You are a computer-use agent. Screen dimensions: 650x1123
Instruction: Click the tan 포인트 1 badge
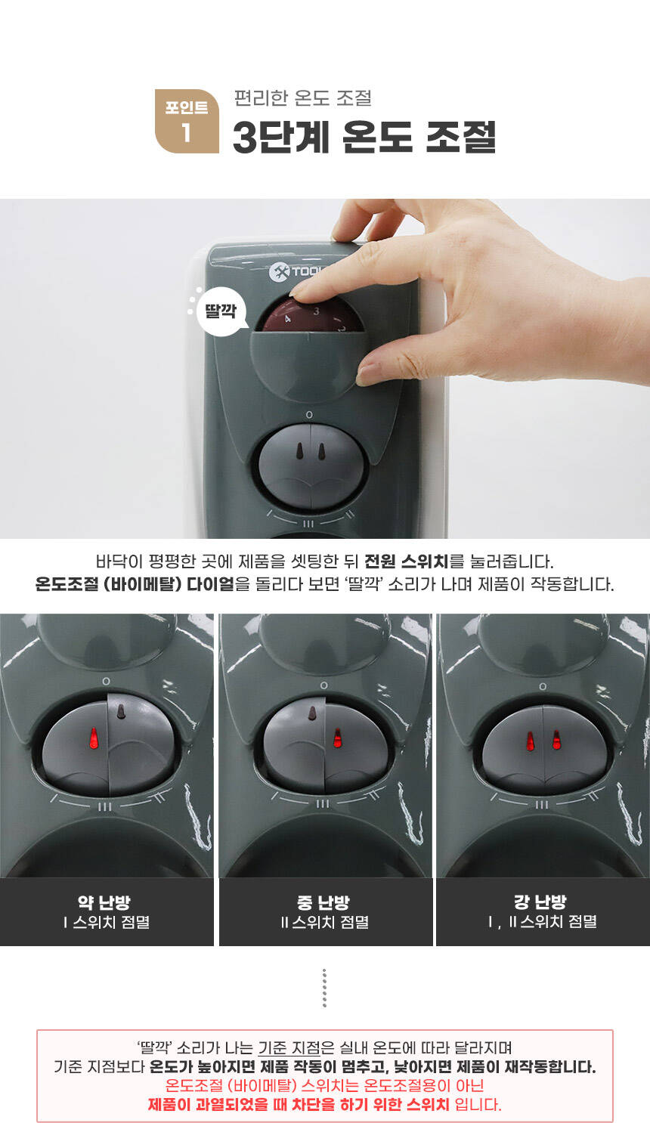click(187, 121)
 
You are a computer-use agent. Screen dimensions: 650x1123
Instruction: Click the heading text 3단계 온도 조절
click(364, 137)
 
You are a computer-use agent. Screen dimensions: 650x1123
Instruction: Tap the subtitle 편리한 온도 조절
click(303, 97)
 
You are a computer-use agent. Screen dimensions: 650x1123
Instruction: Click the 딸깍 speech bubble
click(221, 311)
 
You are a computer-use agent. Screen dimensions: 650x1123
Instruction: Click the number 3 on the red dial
click(316, 311)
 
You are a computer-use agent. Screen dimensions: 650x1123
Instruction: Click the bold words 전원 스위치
click(407, 561)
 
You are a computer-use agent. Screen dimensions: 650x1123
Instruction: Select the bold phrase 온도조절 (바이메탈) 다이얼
click(135, 584)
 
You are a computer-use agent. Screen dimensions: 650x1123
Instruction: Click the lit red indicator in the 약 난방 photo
click(94, 738)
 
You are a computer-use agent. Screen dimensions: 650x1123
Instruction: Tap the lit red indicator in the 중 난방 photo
click(338, 738)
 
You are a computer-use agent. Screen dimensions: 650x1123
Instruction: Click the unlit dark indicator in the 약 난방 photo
click(121, 711)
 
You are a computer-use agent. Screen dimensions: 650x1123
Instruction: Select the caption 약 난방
click(104, 902)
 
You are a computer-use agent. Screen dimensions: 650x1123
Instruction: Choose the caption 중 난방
click(323, 902)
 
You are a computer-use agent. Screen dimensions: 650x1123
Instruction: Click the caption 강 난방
click(540, 902)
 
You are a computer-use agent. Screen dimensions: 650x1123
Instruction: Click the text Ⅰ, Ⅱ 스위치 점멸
click(542, 921)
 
